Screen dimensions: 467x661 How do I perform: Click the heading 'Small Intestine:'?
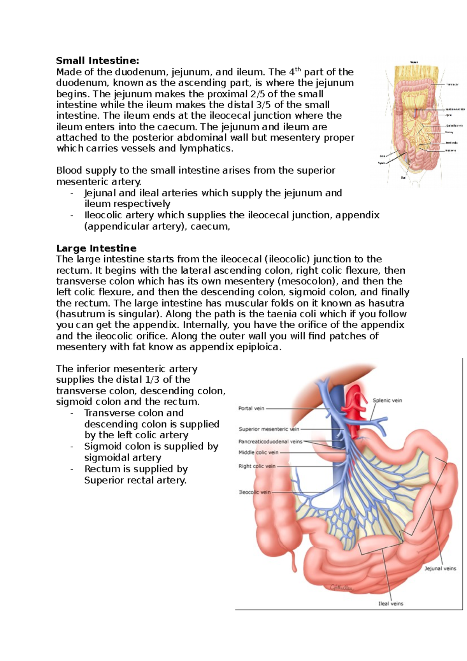[x=97, y=61]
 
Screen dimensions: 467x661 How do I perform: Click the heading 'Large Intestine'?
[x=96, y=248]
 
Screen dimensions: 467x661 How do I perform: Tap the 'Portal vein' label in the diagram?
[x=251, y=408]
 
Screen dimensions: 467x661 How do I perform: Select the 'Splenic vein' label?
[x=387, y=400]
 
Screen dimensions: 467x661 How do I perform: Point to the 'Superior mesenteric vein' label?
[x=269, y=429]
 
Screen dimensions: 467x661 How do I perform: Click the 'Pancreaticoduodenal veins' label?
[x=270, y=441]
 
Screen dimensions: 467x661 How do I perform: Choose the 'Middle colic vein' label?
[x=258, y=452]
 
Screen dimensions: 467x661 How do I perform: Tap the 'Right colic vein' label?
[x=257, y=466]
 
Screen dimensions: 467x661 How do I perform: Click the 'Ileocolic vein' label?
[x=255, y=492]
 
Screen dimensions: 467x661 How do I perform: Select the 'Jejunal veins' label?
[x=440, y=568]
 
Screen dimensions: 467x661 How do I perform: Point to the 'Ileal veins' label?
[x=391, y=603]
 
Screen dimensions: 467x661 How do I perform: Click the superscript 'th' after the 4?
[x=298, y=70]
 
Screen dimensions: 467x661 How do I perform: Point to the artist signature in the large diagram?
[x=341, y=588]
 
